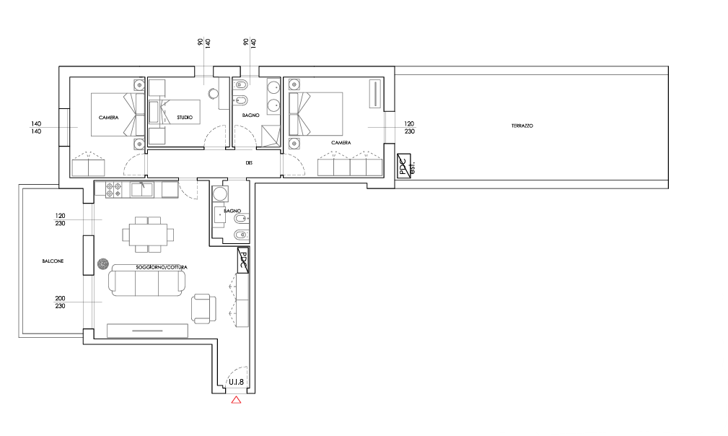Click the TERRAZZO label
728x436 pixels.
(522, 126)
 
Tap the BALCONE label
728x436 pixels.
(53, 261)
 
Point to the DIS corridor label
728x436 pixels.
(249, 163)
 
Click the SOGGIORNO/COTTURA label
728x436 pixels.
(162, 268)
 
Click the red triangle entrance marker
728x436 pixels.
(236, 400)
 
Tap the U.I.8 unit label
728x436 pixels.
(237, 382)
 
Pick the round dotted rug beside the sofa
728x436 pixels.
(102, 264)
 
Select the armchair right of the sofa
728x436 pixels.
(203, 308)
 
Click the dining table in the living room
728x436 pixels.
(148, 234)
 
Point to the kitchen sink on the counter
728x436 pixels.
(141, 190)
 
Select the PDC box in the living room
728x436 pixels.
(243, 260)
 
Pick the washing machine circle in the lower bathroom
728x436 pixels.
(220, 193)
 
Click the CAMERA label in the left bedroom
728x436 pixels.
(109, 117)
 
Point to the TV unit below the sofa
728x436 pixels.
(147, 331)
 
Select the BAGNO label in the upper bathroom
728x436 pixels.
(250, 115)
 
